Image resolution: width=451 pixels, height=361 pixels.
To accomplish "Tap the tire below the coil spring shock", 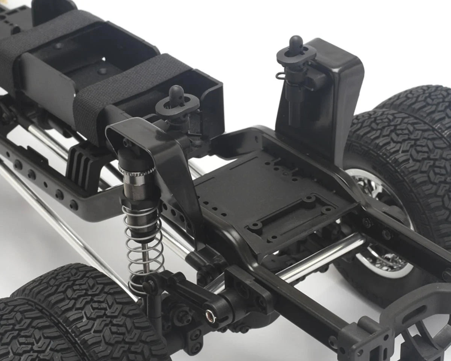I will [x=75, y=316].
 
